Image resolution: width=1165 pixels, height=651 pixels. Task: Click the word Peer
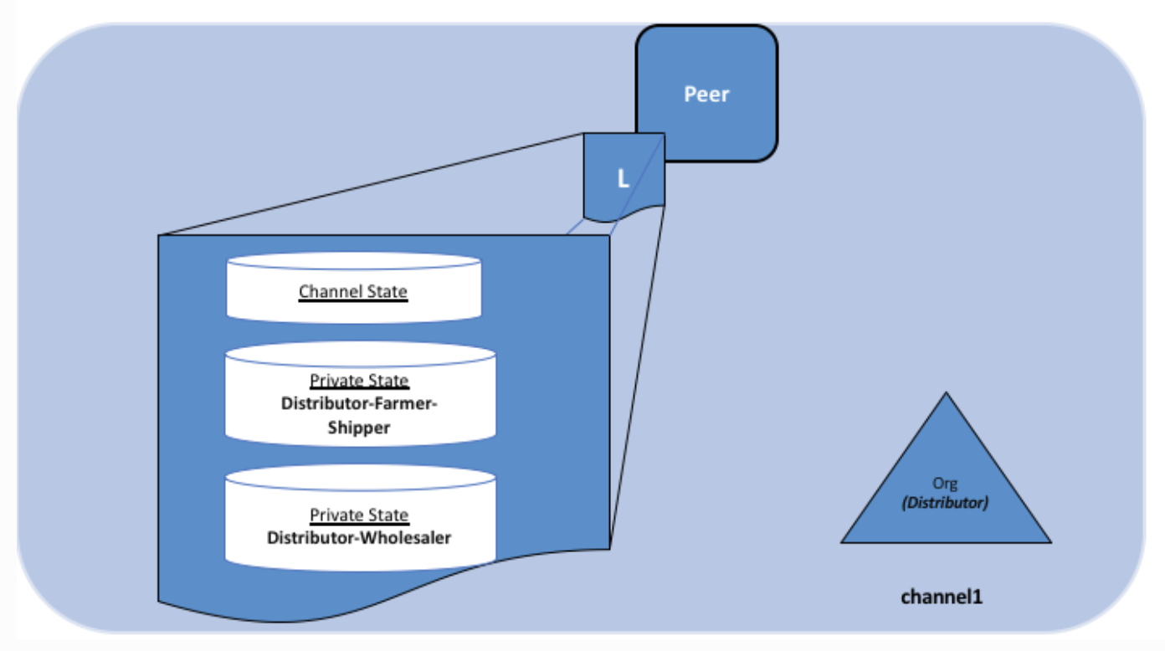(707, 94)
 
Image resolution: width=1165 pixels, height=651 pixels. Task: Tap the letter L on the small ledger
(623, 179)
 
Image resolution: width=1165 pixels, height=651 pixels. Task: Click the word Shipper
(359, 428)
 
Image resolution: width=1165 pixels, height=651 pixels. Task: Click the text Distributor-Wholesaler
(359, 537)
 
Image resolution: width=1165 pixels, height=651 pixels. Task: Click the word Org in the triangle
(945, 483)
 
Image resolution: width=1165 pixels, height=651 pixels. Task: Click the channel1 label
(942, 597)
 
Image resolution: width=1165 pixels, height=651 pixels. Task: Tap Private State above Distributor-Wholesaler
(359, 515)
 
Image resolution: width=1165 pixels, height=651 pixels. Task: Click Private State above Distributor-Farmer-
(359, 381)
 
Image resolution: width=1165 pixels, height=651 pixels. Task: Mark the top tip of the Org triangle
(946, 394)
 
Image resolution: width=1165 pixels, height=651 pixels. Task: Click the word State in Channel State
(387, 292)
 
